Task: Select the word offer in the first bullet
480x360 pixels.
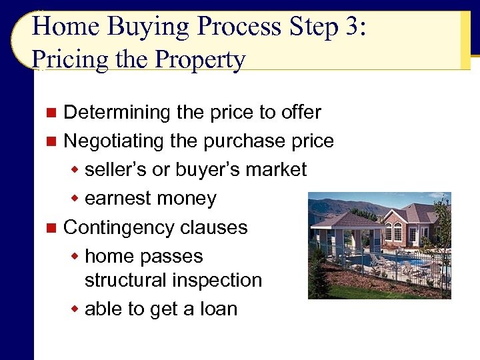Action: click(300, 112)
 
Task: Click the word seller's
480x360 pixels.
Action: click(116, 169)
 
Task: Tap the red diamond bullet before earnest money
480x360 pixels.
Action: click(77, 199)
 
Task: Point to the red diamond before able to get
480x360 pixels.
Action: click(77, 309)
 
